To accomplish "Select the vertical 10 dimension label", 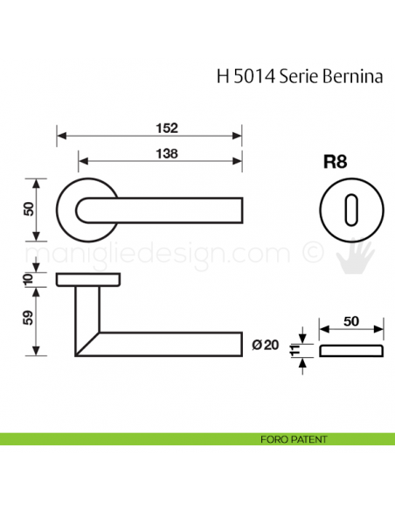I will pos(27,278).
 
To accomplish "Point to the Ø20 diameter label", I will pos(266,345).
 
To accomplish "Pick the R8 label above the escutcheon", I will pos(336,163).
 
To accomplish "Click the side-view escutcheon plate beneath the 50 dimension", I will pos(351,351).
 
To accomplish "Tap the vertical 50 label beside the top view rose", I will pos(27,209).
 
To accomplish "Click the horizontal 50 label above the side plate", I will pos(351,322).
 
